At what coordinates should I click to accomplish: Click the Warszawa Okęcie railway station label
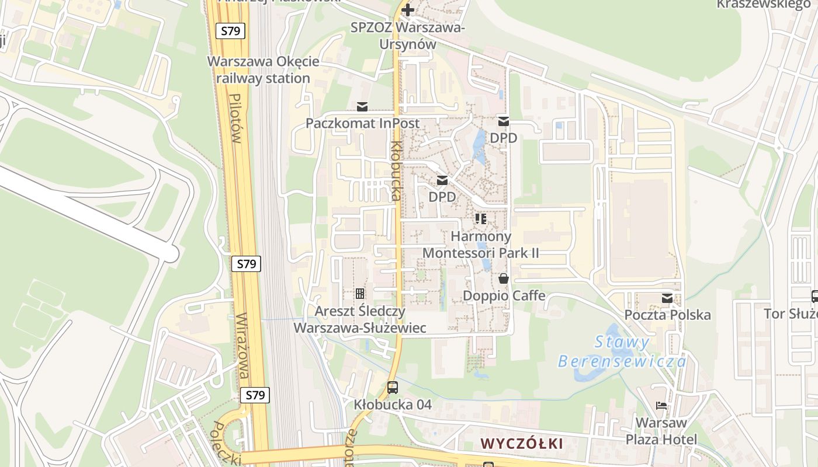pyautogui.click(x=264, y=70)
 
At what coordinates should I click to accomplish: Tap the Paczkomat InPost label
pyautogui.click(x=363, y=123)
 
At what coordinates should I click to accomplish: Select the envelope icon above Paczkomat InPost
pyautogui.click(x=362, y=107)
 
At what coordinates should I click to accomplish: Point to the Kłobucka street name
pyautogui.click(x=396, y=171)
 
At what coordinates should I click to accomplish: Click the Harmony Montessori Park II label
pyautogui.click(x=481, y=245)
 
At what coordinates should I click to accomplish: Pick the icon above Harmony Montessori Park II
pyautogui.click(x=481, y=219)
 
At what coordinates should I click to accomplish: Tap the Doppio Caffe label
pyautogui.click(x=504, y=295)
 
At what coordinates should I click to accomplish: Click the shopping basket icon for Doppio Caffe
pyautogui.click(x=504, y=279)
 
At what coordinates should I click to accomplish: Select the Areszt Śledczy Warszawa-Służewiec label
pyautogui.click(x=359, y=319)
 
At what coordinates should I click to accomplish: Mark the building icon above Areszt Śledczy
pyautogui.click(x=360, y=293)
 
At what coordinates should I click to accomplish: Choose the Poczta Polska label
pyautogui.click(x=667, y=315)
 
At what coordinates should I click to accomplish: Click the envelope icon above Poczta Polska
pyautogui.click(x=667, y=298)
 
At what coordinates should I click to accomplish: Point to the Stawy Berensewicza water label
pyautogui.click(x=623, y=351)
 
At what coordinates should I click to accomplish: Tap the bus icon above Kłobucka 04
pyautogui.click(x=393, y=387)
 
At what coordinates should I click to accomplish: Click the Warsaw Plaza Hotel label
pyautogui.click(x=661, y=431)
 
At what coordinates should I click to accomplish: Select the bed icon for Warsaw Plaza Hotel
pyautogui.click(x=661, y=405)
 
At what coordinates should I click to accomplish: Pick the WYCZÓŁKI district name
pyautogui.click(x=522, y=444)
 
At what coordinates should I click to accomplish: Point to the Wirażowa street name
pyautogui.click(x=244, y=346)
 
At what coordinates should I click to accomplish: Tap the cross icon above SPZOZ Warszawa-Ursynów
pyautogui.click(x=408, y=10)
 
